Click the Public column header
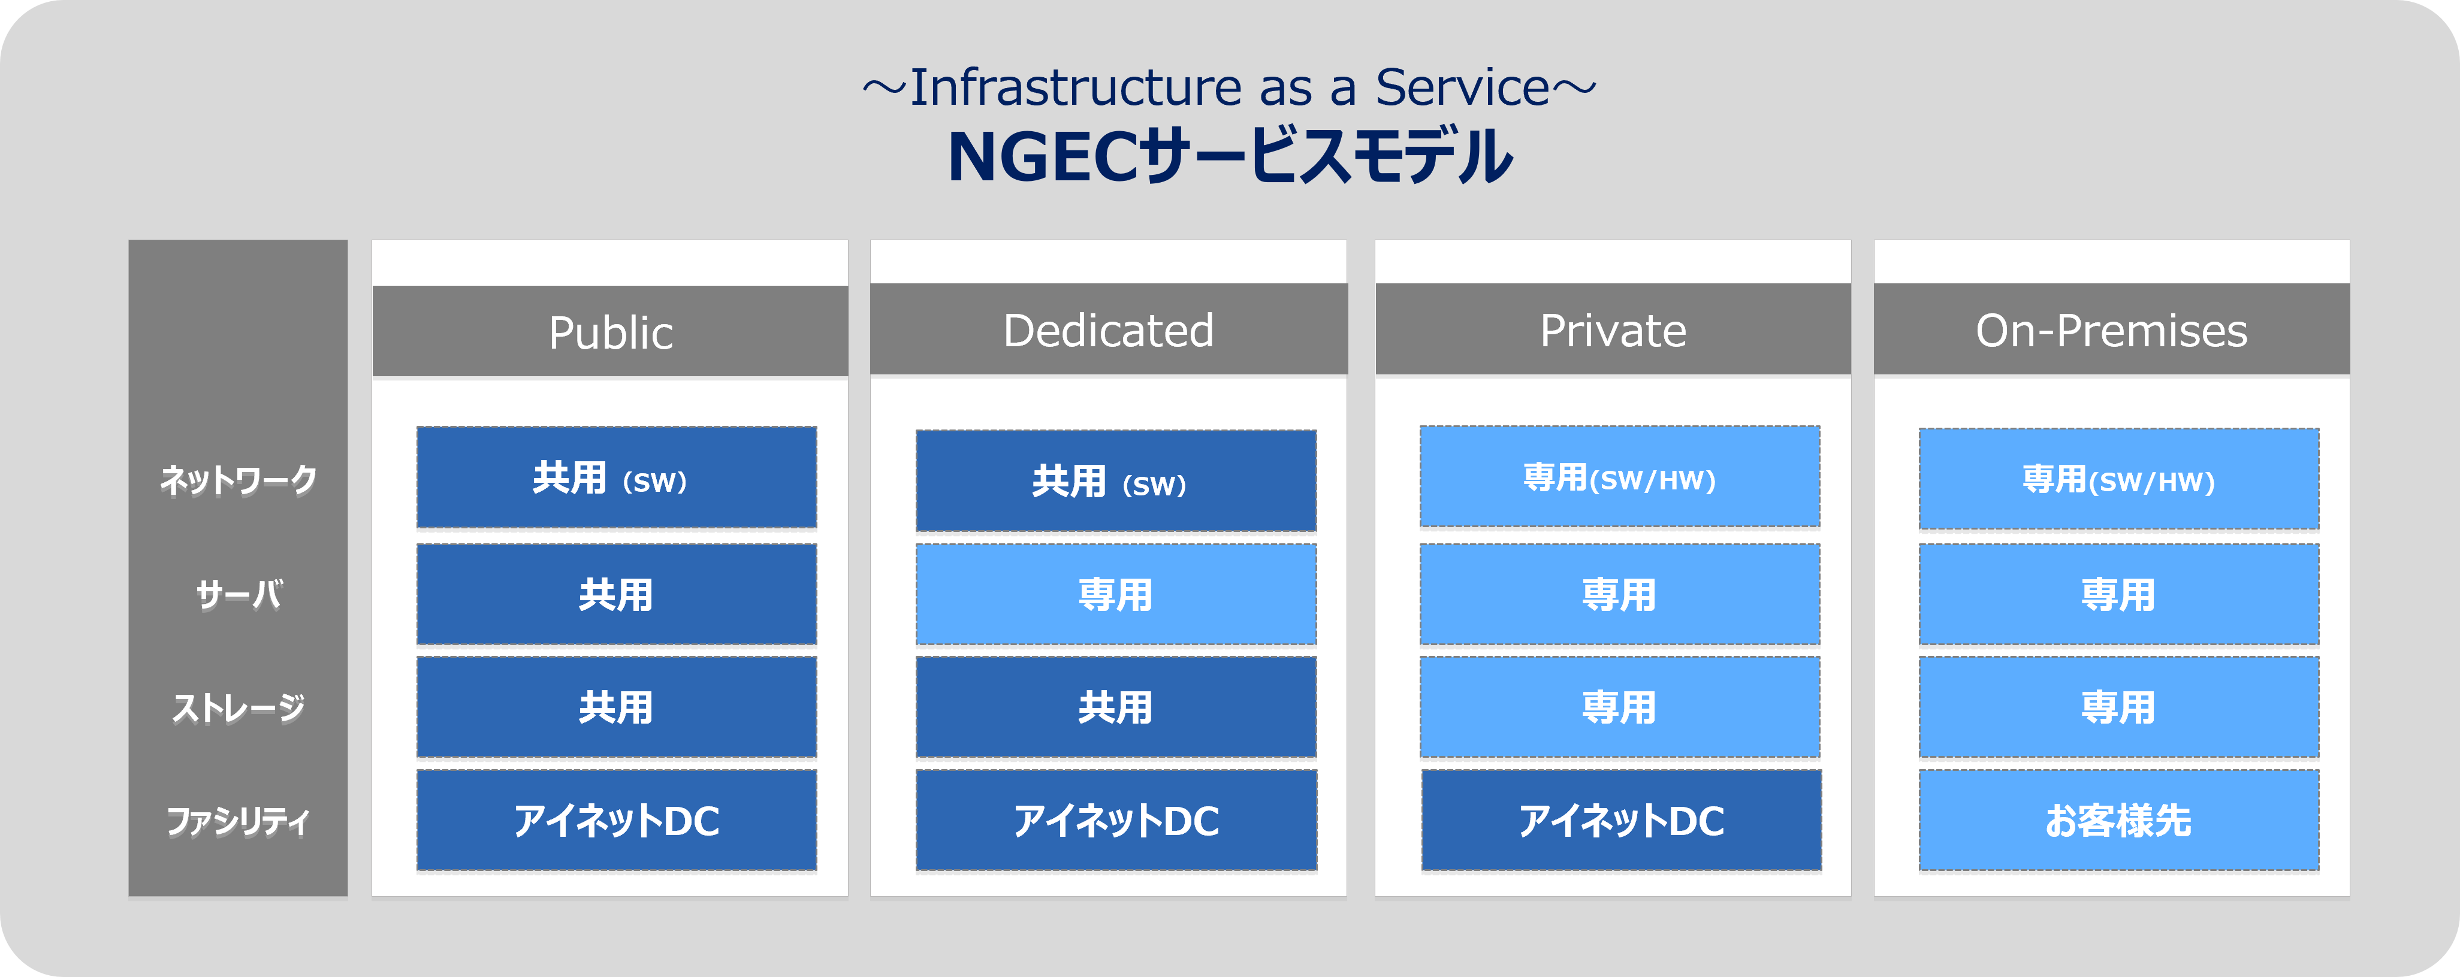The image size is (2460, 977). (x=610, y=331)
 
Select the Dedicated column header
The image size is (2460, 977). (x=1109, y=329)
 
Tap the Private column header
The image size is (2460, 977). (x=1613, y=329)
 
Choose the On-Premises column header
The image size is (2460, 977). (x=2111, y=329)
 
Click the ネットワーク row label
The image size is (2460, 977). (x=238, y=479)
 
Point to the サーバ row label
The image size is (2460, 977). (x=239, y=594)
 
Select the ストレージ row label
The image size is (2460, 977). (x=238, y=707)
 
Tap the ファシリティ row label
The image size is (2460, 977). (x=238, y=821)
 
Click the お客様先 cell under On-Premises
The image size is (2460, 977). (x=2119, y=821)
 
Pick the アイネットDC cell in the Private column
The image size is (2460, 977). (x=1620, y=821)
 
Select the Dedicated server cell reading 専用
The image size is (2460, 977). (x=1115, y=595)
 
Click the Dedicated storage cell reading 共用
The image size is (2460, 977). (x=1115, y=707)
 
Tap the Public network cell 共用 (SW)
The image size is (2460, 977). (x=617, y=477)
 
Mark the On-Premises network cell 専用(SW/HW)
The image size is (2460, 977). (x=2119, y=479)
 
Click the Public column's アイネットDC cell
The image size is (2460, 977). (x=617, y=821)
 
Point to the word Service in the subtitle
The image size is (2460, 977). (x=1462, y=88)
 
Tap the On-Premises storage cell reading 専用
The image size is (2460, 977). (x=2119, y=707)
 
